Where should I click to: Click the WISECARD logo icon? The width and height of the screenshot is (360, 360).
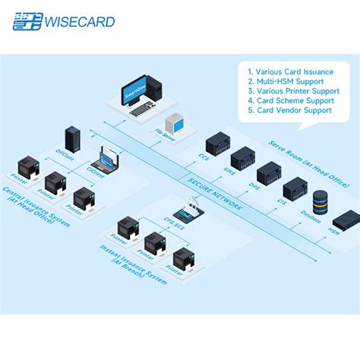pyautogui.click(x=27, y=21)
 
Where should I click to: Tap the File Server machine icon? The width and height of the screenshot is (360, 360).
pyautogui.click(x=176, y=122)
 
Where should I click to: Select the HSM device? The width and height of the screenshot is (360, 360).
pyautogui.click(x=346, y=220)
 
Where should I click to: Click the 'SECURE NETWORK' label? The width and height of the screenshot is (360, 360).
pyautogui.click(x=216, y=193)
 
